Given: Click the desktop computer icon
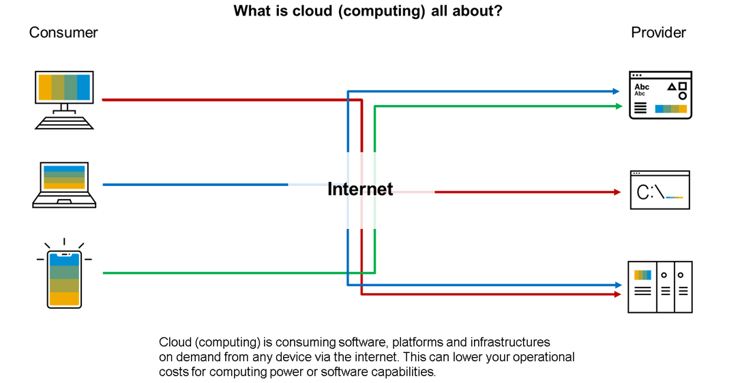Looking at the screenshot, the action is (x=64, y=99).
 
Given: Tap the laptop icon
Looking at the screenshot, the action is (x=64, y=184).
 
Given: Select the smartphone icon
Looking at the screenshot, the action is (x=64, y=279).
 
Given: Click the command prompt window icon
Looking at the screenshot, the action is (x=660, y=190).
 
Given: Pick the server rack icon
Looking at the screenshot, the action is (x=660, y=287).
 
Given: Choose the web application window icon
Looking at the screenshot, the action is (x=660, y=95).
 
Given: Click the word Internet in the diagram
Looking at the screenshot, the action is (x=360, y=189).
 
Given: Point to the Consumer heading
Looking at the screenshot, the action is (x=63, y=33).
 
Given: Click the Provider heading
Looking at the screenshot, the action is (x=658, y=33).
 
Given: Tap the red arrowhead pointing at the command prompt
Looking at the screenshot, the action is (x=617, y=192).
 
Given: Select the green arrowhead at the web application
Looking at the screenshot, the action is (x=618, y=106).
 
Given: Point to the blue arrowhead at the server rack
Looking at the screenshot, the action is (x=618, y=285).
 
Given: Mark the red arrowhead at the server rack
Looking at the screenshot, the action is (x=618, y=294).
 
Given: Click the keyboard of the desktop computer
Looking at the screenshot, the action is (x=64, y=122).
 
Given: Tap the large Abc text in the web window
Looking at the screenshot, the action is (x=642, y=87).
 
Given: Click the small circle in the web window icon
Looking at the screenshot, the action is (x=682, y=96).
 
